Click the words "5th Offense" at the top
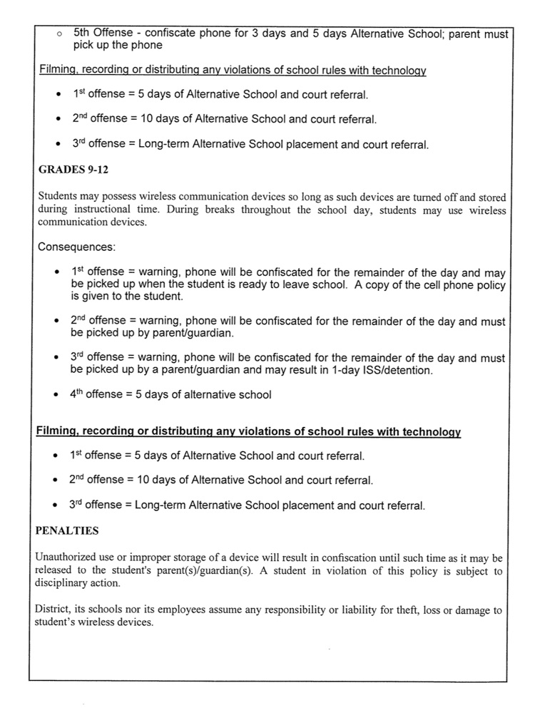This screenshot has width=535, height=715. [102, 34]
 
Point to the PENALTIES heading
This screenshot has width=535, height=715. [67, 531]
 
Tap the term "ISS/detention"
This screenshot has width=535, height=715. [401, 369]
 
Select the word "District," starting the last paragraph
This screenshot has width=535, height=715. [54, 610]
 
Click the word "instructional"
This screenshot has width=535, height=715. [103, 210]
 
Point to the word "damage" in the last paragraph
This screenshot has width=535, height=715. [472, 610]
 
